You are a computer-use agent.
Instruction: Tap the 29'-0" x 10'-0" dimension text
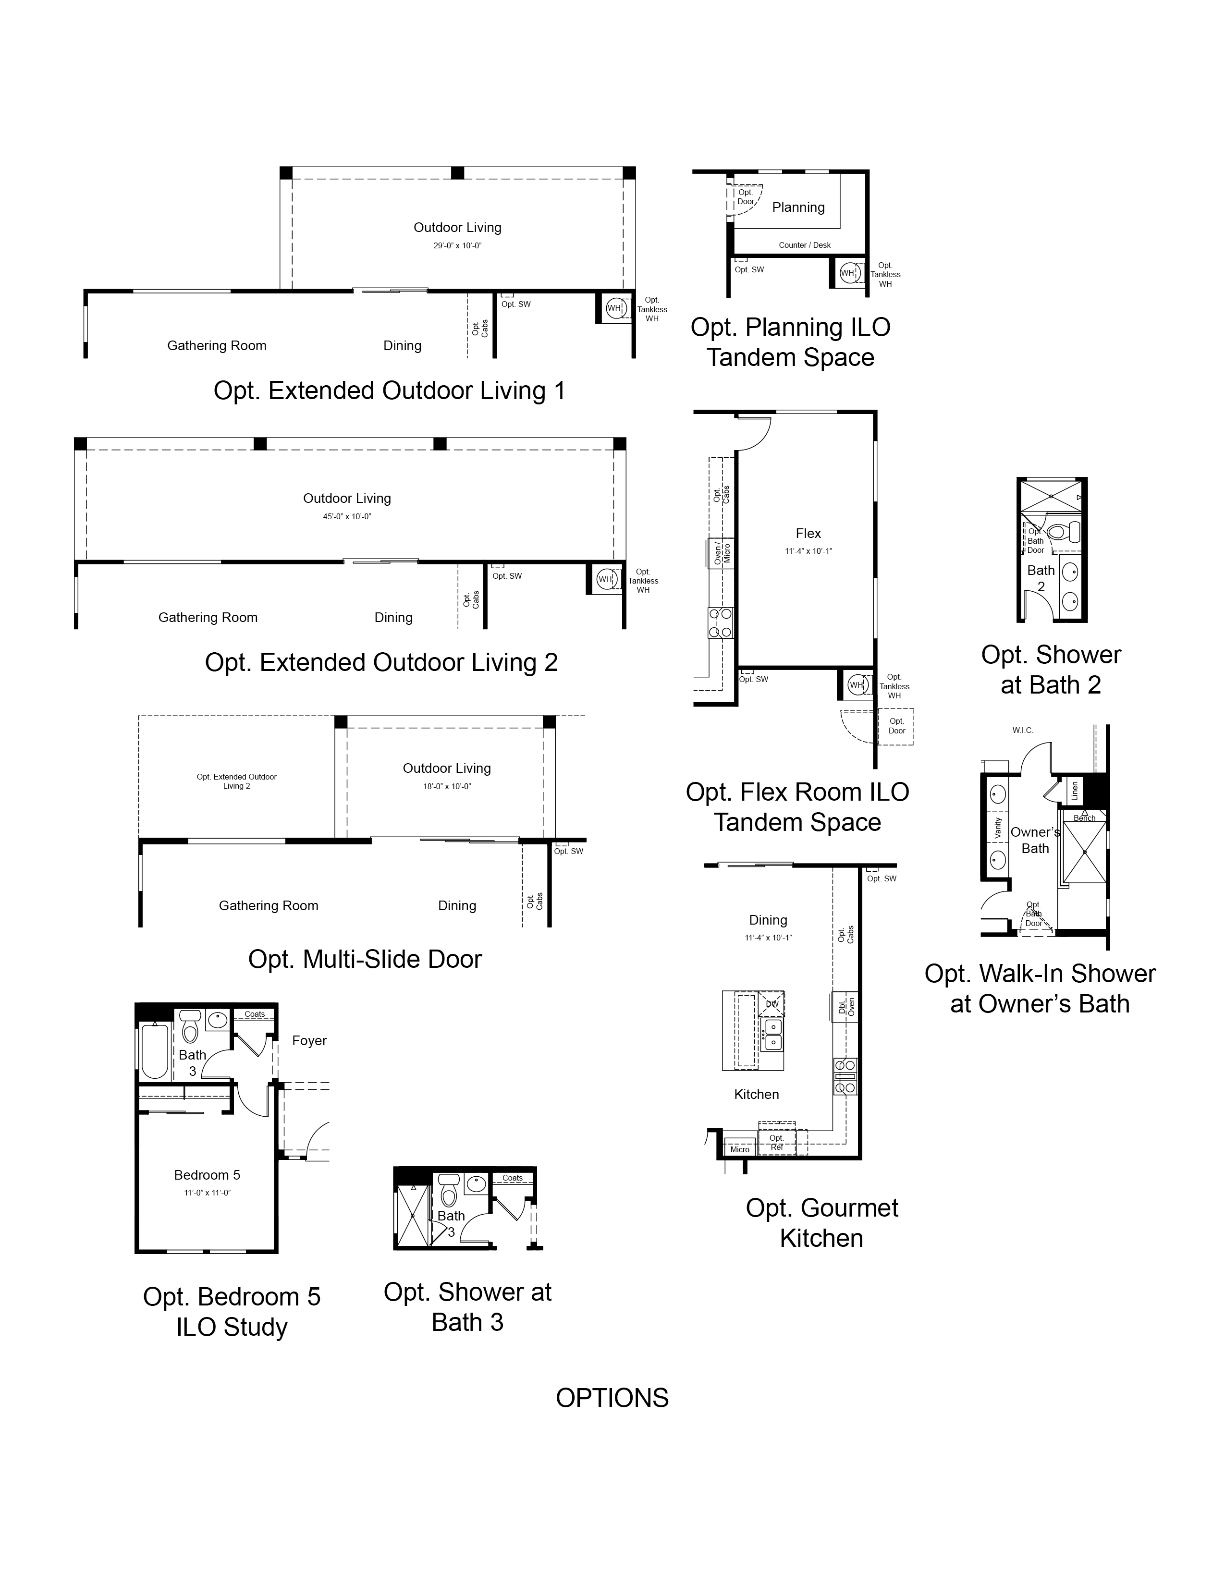pos(457,246)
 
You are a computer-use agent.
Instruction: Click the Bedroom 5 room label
pos(207,1175)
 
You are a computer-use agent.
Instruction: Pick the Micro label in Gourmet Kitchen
pos(739,1149)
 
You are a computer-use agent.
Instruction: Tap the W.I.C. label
pos(1023,730)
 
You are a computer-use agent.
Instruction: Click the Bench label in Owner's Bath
pos(1084,818)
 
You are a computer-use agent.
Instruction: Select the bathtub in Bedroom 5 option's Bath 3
pos(155,1051)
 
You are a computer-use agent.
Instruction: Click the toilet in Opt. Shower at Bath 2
pos(1064,532)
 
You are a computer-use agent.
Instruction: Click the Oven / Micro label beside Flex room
pos(722,554)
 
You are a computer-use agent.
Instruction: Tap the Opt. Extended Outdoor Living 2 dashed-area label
pos(236,781)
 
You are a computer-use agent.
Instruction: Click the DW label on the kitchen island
pos(772,1004)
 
